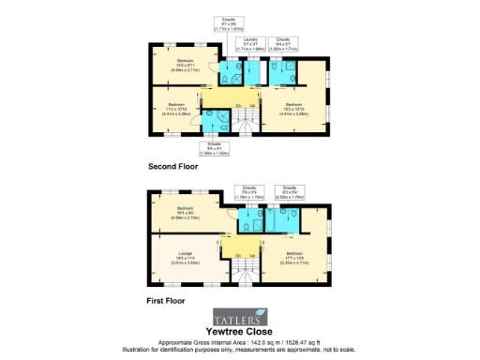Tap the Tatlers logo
tap(240, 316)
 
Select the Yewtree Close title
tap(240, 332)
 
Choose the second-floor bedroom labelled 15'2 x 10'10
tap(293, 107)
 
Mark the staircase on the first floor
tap(247, 267)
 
